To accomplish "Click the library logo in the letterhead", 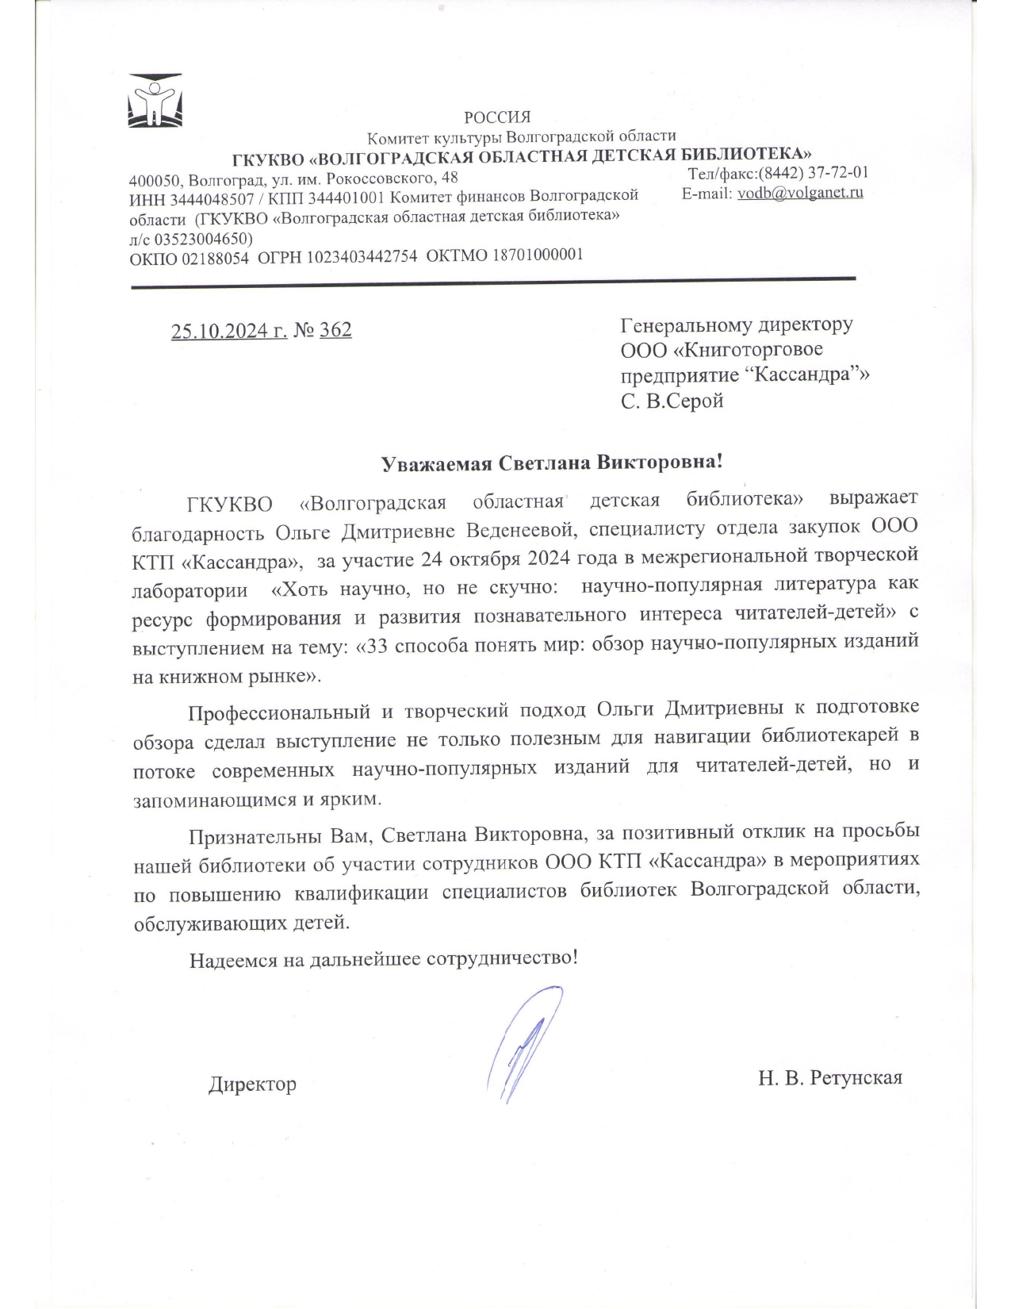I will [x=155, y=102].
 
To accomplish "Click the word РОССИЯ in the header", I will [x=497, y=118].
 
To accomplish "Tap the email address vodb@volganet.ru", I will [x=800, y=192].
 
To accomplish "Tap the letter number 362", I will [x=335, y=330].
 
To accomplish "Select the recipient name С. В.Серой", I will [x=672, y=401].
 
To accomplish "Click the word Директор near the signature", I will [x=252, y=1084].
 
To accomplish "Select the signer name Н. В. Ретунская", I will [x=829, y=1078].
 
